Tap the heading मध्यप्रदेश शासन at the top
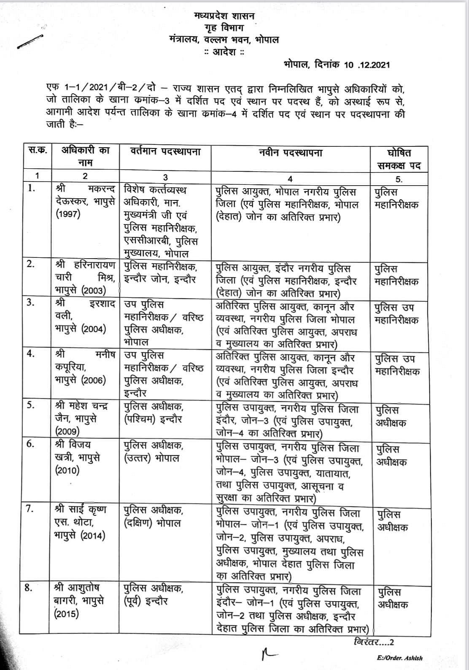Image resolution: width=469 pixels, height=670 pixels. click(224, 16)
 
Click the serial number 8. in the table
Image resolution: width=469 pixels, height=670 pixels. click(29, 587)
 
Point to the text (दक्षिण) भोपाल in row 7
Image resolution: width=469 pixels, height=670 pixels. click(153, 522)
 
